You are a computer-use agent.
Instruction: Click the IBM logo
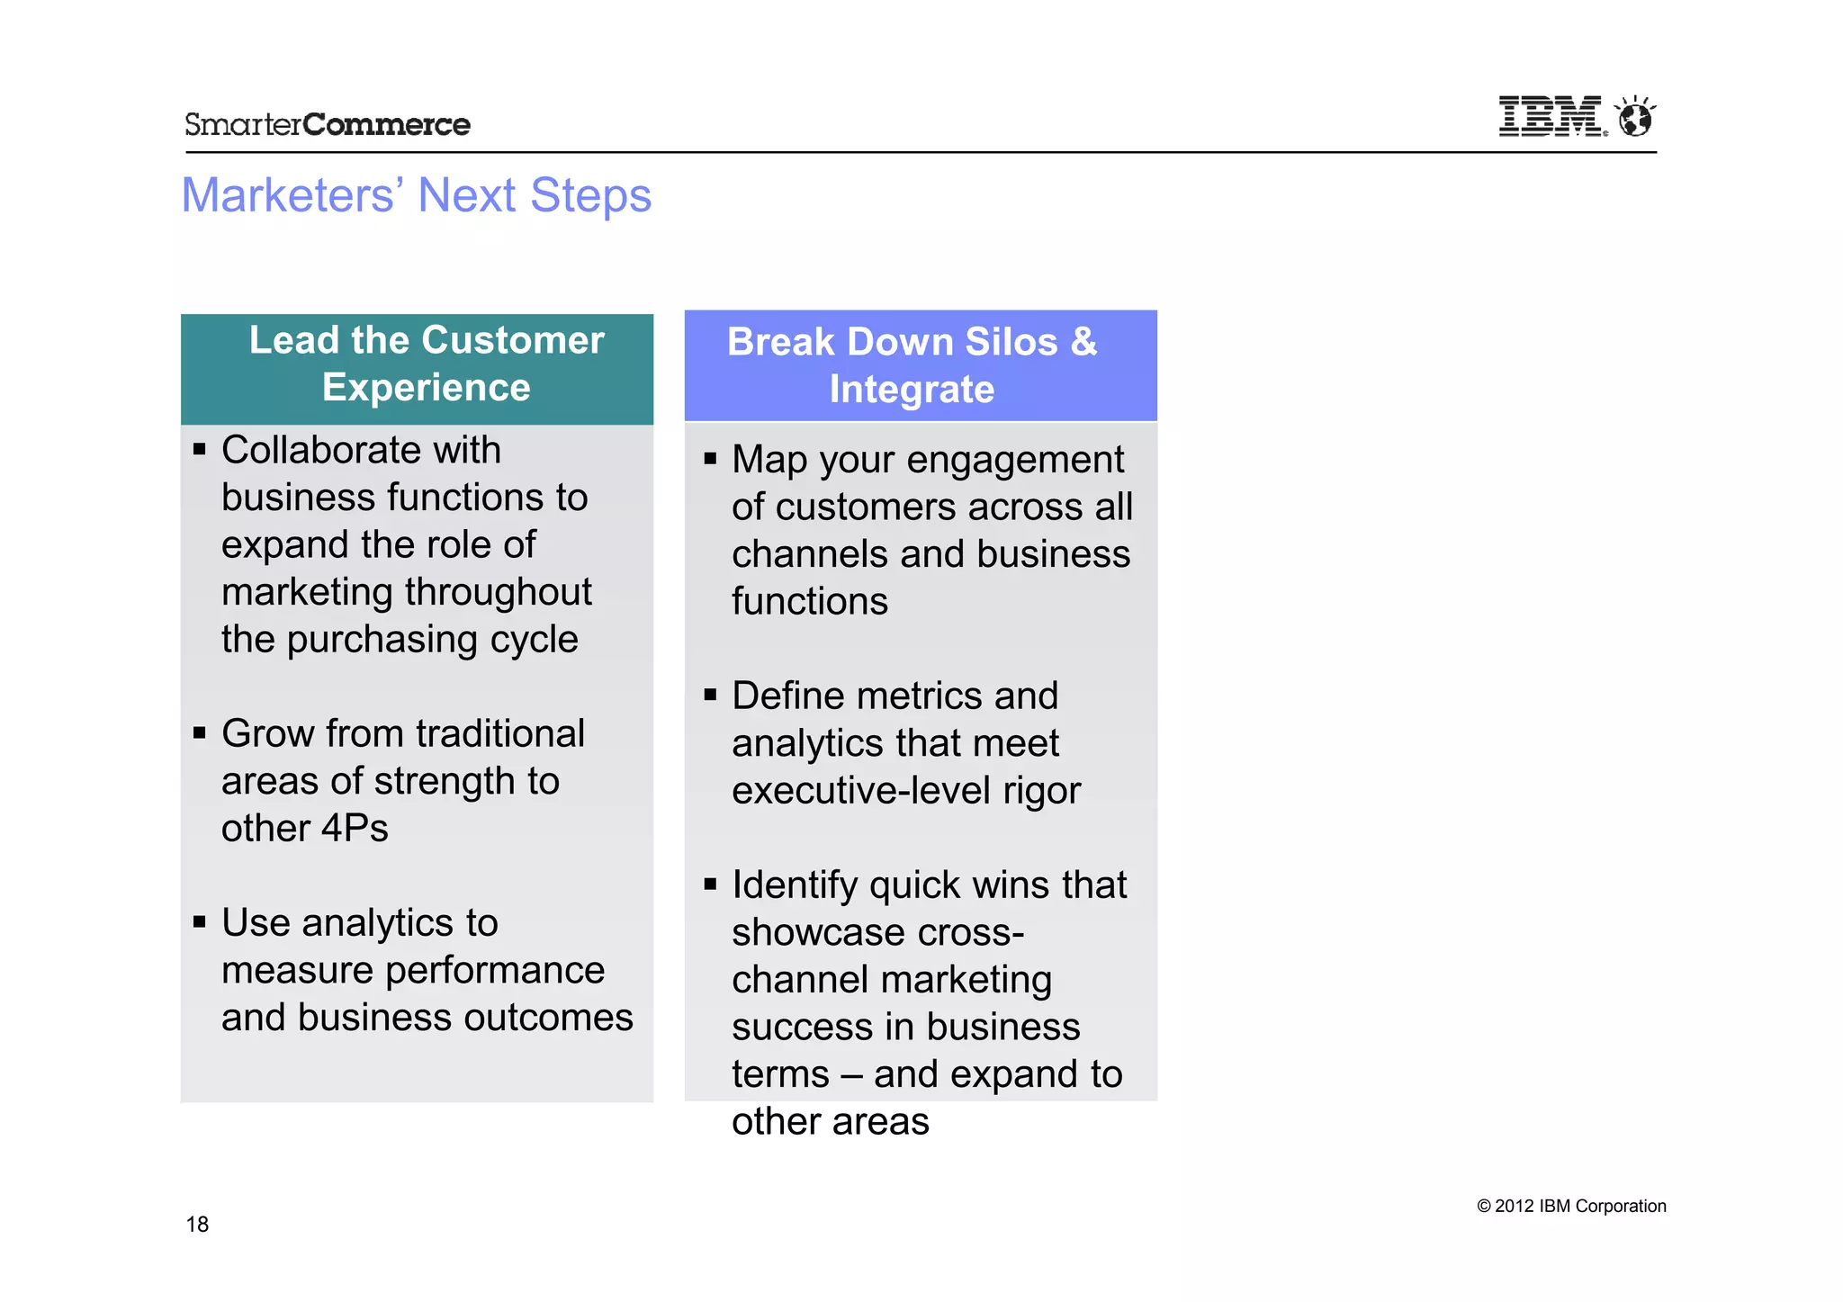click(1551, 117)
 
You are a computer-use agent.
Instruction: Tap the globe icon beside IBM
click(1634, 117)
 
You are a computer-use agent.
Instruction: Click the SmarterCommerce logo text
click(327, 124)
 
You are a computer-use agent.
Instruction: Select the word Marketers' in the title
click(288, 195)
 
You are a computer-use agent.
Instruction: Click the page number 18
click(197, 1224)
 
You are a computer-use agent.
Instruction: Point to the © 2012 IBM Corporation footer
click(1571, 1206)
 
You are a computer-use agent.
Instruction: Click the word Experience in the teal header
click(426, 388)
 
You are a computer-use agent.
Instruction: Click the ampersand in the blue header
click(1083, 342)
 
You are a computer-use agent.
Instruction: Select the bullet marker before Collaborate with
click(200, 449)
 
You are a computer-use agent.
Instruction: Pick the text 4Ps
click(355, 828)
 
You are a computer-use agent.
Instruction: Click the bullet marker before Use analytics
click(200, 921)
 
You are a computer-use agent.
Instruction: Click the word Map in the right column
click(769, 460)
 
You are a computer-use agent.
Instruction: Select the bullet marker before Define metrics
click(710, 695)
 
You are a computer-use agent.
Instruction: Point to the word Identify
click(795, 885)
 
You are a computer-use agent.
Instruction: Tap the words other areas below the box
click(830, 1122)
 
